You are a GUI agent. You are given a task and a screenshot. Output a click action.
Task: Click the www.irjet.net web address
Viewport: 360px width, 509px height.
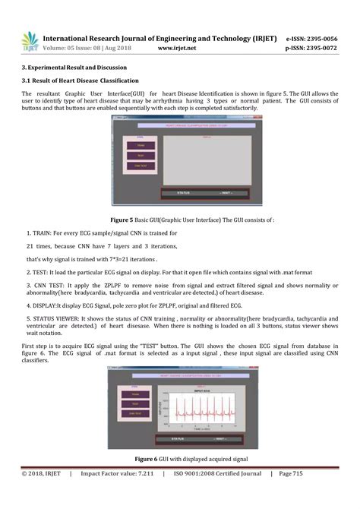click(x=177, y=48)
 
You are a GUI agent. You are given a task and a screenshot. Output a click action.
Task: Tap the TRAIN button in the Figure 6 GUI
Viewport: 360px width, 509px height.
click(x=137, y=394)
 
